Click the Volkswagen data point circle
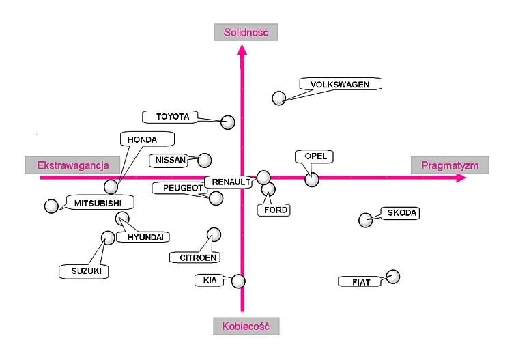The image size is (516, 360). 278,98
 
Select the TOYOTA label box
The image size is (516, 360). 172,117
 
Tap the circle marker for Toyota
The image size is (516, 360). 228,122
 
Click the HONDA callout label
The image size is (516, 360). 142,139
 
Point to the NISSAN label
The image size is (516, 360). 171,160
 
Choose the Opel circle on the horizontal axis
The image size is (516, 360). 312,179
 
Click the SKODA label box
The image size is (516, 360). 401,213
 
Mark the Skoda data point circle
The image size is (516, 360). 366,220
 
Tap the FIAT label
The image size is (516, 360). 360,281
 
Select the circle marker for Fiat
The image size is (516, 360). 392,277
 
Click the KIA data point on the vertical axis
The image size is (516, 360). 238,281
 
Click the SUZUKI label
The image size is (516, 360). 86,271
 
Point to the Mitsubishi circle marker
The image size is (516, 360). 51,206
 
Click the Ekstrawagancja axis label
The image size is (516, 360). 73,165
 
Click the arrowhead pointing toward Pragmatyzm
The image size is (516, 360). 461,178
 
